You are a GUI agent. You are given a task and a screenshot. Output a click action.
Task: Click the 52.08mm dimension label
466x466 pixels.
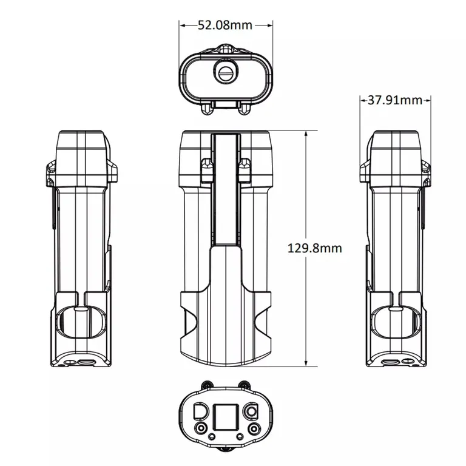[x=225, y=25]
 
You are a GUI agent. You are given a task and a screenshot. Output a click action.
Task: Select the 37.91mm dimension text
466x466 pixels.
[x=394, y=101]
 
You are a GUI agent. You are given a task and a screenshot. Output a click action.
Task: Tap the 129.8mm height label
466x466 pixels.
[x=315, y=248]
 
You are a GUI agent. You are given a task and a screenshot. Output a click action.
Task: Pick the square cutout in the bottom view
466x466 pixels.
[x=226, y=417]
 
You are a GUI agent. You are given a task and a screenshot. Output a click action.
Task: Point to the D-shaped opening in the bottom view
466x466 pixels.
[x=201, y=411]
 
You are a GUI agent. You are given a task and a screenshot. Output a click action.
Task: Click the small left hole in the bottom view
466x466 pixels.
[x=212, y=437]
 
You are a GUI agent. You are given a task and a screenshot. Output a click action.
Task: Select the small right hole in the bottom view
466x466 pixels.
[x=240, y=437]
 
